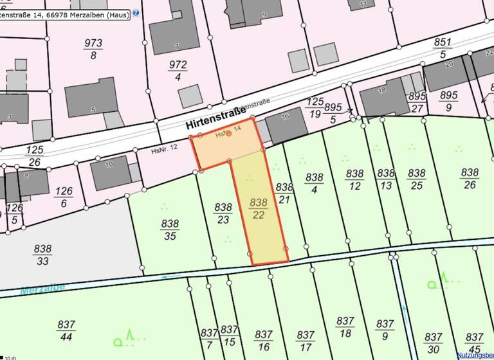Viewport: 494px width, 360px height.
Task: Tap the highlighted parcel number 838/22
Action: tap(258, 209)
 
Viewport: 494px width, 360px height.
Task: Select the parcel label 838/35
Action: tap(170, 230)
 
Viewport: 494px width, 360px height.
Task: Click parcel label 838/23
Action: tap(223, 213)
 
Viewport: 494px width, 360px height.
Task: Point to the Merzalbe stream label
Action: tap(42, 289)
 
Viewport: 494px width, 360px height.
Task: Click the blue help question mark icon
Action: tap(136, 12)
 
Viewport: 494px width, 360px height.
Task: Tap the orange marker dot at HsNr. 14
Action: tap(228, 133)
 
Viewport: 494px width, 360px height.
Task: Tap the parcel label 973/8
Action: tap(93, 49)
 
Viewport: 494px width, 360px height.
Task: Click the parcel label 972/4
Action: tap(178, 71)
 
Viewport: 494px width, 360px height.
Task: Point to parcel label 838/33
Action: tap(43, 255)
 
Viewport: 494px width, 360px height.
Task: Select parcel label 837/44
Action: tap(66, 330)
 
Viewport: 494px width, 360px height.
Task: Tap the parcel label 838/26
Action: tap(470, 178)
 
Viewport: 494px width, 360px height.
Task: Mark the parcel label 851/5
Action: tap(443, 48)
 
